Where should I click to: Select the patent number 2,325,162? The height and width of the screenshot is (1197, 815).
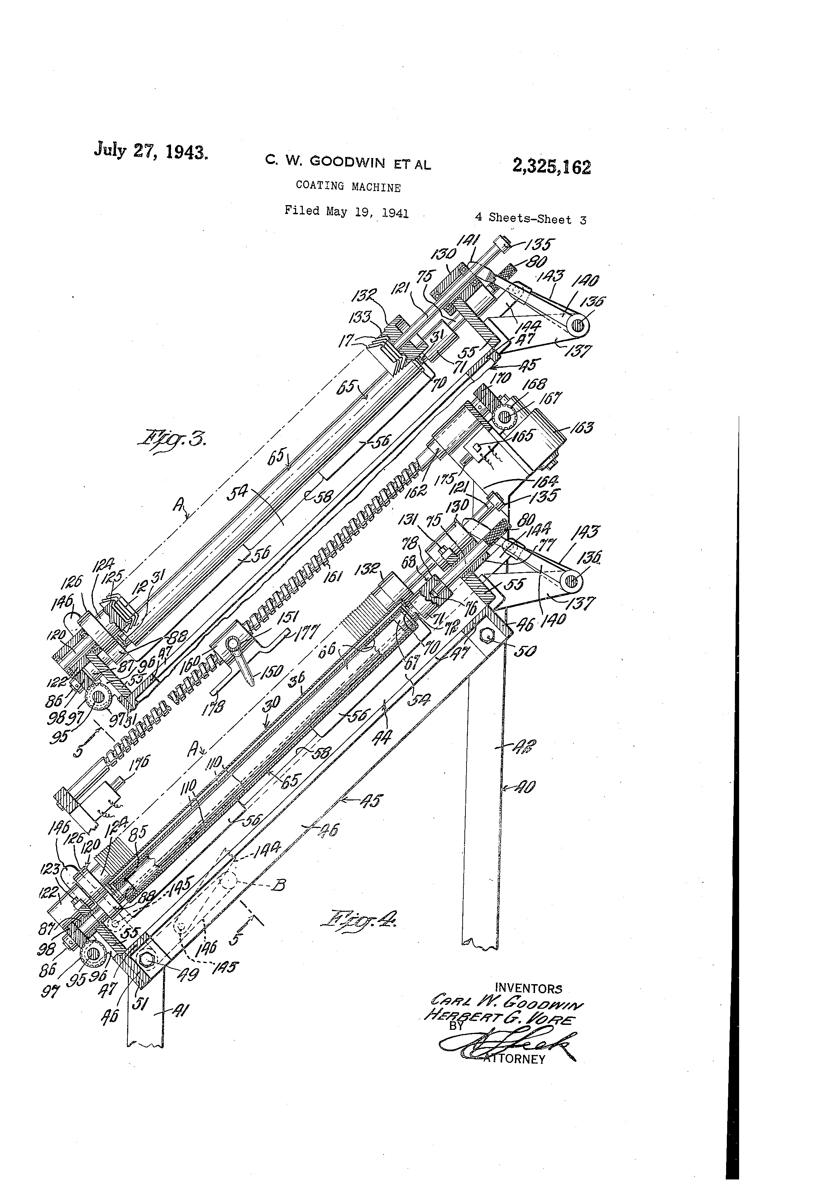click(551, 166)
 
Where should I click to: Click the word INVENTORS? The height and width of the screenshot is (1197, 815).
click(528, 988)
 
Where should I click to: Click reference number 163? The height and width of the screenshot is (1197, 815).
click(581, 427)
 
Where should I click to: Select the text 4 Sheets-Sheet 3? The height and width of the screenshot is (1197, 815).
click(530, 218)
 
